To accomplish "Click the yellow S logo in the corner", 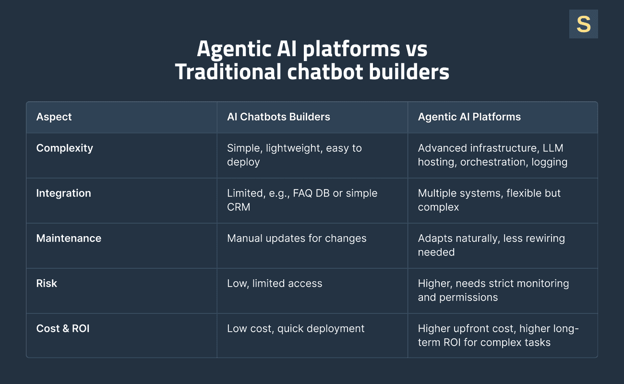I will (x=583, y=24).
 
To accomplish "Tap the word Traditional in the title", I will (x=228, y=72).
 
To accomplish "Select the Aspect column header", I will (x=54, y=117).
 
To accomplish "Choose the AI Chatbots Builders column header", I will (x=278, y=117).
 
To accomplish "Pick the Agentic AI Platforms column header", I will (x=469, y=117).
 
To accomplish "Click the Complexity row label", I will (x=64, y=148).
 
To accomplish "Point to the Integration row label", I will (x=63, y=193).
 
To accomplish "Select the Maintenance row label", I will (x=69, y=238).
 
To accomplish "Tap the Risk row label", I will (x=47, y=283).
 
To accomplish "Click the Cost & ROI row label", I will (x=63, y=328).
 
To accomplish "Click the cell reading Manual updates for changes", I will (x=297, y=238).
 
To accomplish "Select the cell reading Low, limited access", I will (x=275, y=283).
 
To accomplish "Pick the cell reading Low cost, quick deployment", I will (x=296, y=328).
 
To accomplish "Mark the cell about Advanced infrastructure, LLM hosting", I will (x=492, y=155).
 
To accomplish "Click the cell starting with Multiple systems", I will (x=489, y=200).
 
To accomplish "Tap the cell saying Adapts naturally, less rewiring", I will (x=491, y=245).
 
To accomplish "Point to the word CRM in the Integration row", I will (x=239, y=207).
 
